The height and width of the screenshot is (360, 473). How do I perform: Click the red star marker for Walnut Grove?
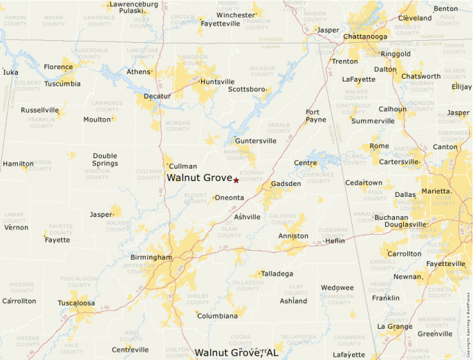tap(236, 180)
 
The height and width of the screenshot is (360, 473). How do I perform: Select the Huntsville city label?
tap(217, 82)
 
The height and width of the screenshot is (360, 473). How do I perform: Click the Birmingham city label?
tap(151, 257)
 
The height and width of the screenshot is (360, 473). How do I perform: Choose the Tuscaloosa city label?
tap(76, 303)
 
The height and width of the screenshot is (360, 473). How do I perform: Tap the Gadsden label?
tap(286, 184)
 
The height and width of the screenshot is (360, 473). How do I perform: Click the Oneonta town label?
tap(229, 198)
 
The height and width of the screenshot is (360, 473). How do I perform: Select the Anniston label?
tap(293, 236)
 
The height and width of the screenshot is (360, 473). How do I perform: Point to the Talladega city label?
tap(278, 274)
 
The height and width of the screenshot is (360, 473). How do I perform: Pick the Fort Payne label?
tap(315, 115)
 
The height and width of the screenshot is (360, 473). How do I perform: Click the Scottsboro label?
tap(247, 89)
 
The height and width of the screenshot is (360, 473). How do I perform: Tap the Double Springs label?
tap(105, 160)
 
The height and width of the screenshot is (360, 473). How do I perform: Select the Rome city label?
tap(379, 146)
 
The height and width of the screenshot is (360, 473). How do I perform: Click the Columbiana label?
tap(217, 316)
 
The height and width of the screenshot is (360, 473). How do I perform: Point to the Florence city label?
tap(58, 67)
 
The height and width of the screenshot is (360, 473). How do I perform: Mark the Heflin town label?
tap(335, 241)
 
